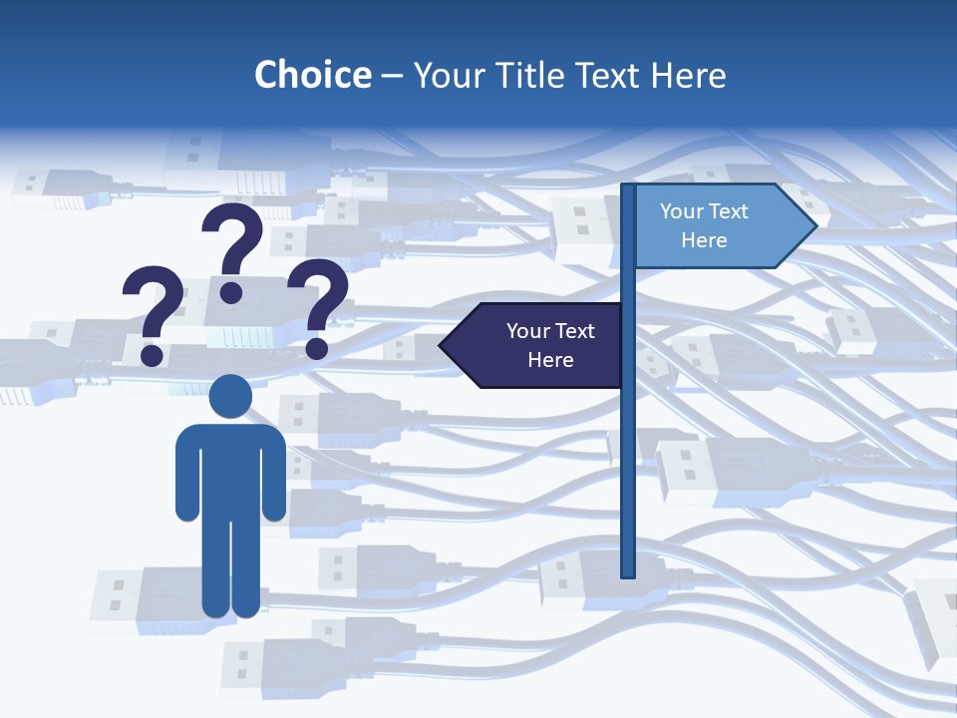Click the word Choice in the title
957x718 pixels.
click(x=312, y=75)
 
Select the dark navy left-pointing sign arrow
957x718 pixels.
click(x=533, y=346)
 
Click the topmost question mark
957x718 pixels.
click(x=233, y=239)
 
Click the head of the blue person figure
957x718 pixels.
click(x=231, y=396)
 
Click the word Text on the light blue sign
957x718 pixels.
click(x=730, y=211)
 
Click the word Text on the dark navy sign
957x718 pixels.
click(x=576, y=331)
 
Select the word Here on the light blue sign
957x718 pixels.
click(x=704, y=240)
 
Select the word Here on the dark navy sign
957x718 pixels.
click(x=550, y=360)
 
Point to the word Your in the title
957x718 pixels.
click(x=447, y=75)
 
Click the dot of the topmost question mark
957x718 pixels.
click(x=231, y=291)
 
